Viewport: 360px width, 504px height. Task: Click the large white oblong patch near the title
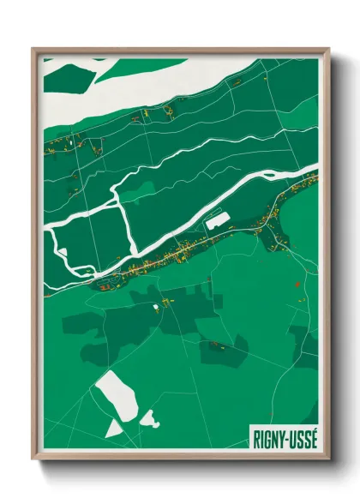[116, 395]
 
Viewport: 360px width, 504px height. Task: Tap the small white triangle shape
[113, 427]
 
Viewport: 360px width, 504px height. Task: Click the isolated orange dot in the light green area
[295, 285]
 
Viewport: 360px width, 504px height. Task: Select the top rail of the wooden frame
[180, 51]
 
